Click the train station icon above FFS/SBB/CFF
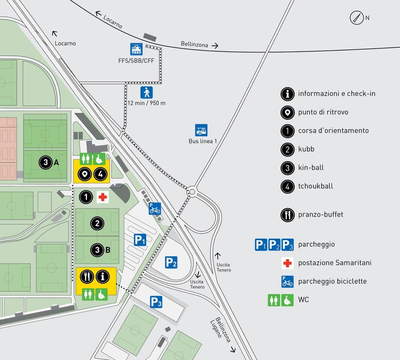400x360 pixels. pos(136,49)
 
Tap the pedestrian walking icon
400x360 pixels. pos(147,93)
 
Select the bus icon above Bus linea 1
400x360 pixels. pos(201,130)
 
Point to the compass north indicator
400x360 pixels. pos(357,18)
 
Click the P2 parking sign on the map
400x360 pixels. pos(171,262)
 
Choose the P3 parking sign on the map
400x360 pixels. pos(156,302)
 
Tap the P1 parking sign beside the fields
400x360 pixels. pos(140,240)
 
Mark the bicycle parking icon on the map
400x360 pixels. pos(155,208)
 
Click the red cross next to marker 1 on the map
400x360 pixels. pos(102,197)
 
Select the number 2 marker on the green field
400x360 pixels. pos(97,224)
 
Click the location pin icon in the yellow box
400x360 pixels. pos(85,174)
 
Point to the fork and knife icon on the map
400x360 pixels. pos(87,277)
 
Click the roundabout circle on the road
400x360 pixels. pos(192,192)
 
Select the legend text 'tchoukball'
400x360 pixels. pos(315,186)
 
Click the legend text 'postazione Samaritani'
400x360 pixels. pos(334,263)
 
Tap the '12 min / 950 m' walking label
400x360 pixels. pos(147,103)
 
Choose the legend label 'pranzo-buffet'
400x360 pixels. pos(321,215)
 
